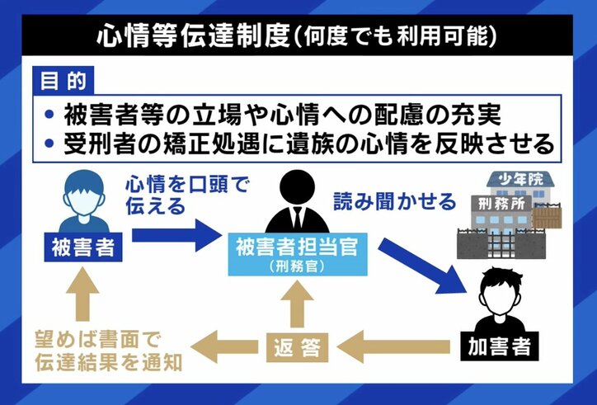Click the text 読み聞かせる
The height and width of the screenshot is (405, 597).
(394, 201)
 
